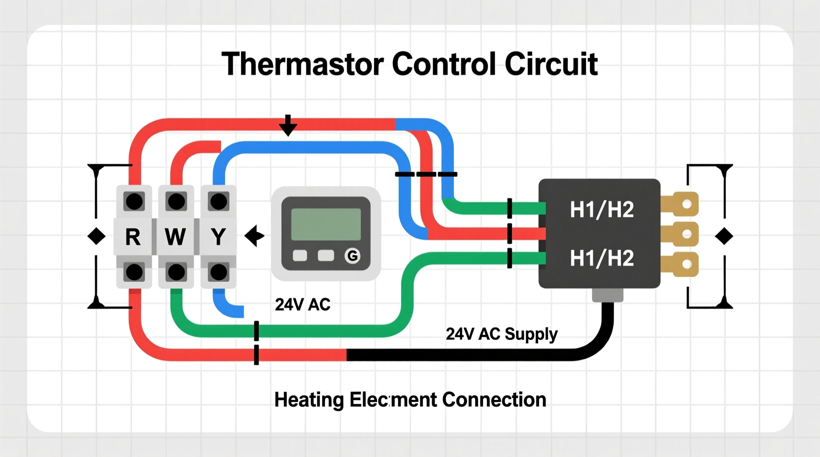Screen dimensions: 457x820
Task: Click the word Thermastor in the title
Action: pyautogui.click(x=302, y=64)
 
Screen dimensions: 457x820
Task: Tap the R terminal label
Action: pyautogui.click(x=133, y=237)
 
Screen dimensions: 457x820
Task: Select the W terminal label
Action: pyautogui.click(x=175, y=237)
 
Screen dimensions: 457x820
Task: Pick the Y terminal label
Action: pyautogui.click(x=218, y=237)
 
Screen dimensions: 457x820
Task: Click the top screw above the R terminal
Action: pyautogui.click(x=134, y=201)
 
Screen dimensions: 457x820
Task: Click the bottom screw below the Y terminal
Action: pyautogui.click(x=218, y=272)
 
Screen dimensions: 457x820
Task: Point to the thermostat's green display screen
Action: pyautogui.click(x=326, y=224)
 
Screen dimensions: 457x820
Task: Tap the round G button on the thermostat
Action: pyautogui.click(x=352, y=256)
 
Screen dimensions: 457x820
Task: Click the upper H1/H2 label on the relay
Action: pyautogui.click(x=602, y=210)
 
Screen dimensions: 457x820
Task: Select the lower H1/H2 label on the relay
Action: pyautogui.click(x=602, y=258)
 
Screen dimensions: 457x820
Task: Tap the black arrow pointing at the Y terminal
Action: pyautogui.click(x=254, y=236)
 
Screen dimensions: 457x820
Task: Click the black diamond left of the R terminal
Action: pyautogui.click(x=96, y=236)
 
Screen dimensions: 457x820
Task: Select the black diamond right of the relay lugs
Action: pyautogui.click(x=724, y=236)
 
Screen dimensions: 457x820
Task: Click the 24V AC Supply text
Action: pyautogui.click(x=501, y=334)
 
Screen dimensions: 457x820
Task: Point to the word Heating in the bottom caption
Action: pyautogui.click(x=308, y=400)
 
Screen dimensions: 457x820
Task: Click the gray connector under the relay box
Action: pyautogui.click(x=608, y=295)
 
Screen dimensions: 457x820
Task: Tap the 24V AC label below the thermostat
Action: pyautogui.click(x=303, y=305)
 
